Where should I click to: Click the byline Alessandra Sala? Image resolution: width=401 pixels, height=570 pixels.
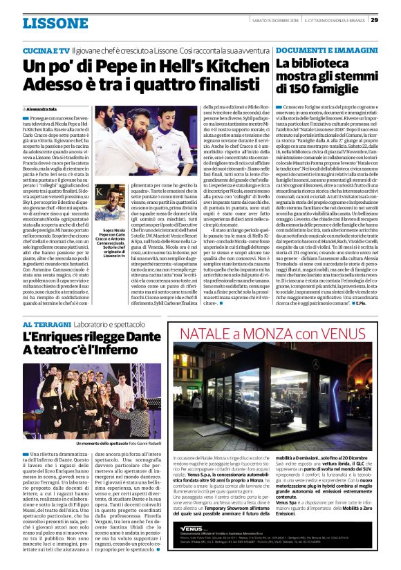pos(44,109)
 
